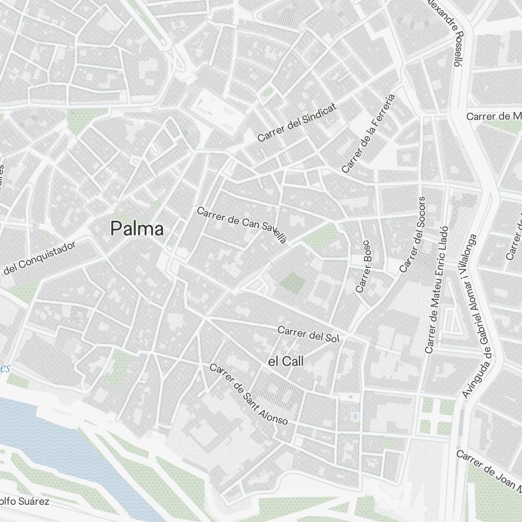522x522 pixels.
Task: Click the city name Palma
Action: click(x=137, y=229)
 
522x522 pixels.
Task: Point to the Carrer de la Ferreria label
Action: click(x=368, y=134)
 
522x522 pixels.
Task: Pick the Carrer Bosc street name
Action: click(x=363, y=266)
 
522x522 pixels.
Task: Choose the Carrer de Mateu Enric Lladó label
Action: click(x=437, y=290)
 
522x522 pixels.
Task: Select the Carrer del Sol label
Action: click(x=308, y=334)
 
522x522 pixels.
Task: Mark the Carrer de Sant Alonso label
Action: click(x=248, y=394)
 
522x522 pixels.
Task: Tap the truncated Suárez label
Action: click(x=25, y=502)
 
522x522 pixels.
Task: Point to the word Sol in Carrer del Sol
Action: click(x=331, y=337)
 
